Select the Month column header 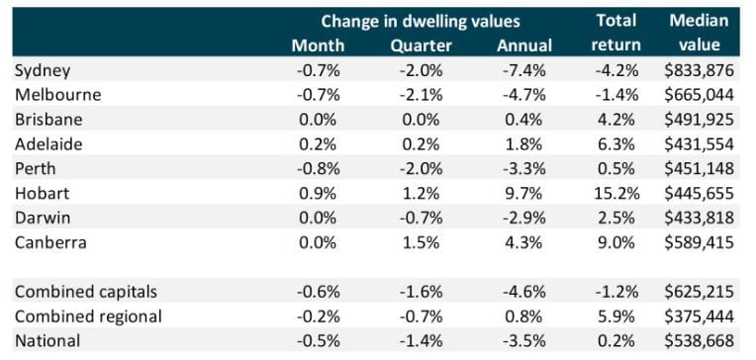[x=318, y=45]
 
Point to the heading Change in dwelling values [x=420, y=21]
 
